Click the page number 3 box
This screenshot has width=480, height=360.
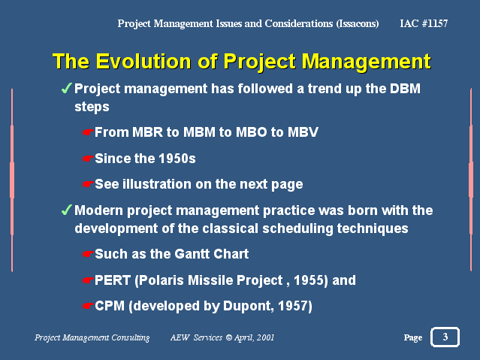click(445, 337)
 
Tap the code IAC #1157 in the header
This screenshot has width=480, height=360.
click(424, 23)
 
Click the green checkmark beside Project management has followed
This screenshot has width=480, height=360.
click(66, 88)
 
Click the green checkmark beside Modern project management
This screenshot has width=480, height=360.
click(66, 210)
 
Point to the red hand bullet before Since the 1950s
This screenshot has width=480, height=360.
click(88, 159)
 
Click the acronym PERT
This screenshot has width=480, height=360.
click(113, 280)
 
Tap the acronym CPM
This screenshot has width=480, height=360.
click(110, 306)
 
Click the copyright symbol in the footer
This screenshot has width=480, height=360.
click(228, 337)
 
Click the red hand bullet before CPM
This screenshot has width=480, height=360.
click(88, 306)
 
